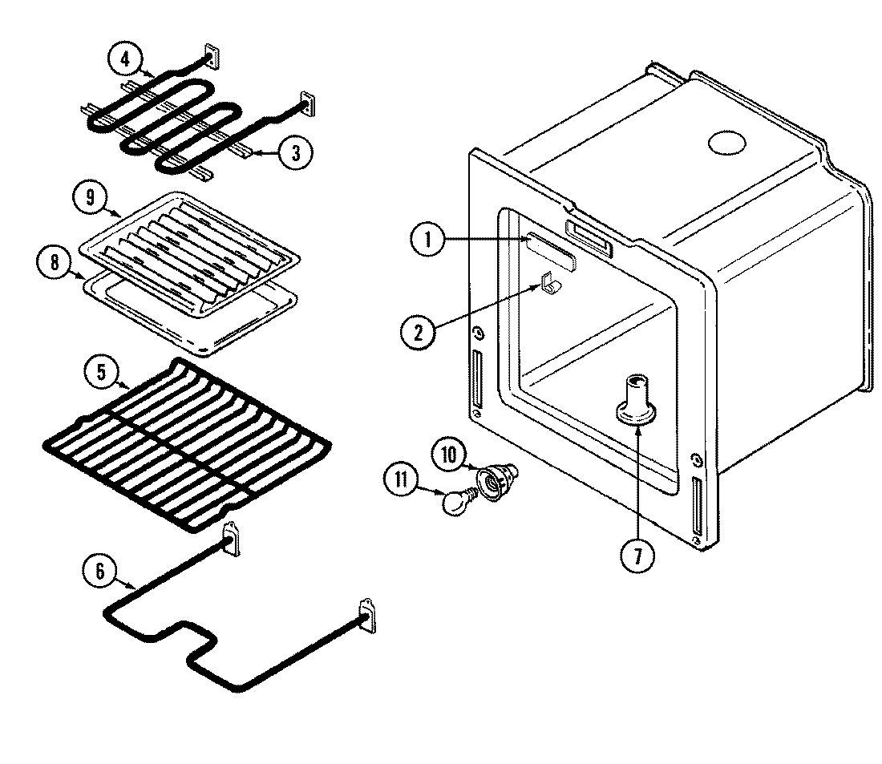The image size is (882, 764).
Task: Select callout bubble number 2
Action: (418, 331)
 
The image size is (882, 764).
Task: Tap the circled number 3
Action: (295, 152)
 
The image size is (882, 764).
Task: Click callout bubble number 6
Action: (100, 571)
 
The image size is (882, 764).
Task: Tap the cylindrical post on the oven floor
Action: (637, 396)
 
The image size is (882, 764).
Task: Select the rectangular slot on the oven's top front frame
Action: (589, 240)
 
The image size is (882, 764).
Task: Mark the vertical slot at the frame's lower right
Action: (698, 507)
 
